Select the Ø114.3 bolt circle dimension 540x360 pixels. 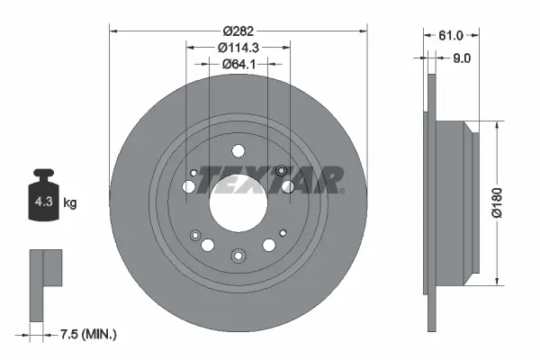pos(238,47)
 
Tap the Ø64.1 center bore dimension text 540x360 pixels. pos(238,63)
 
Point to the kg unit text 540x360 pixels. pos(70,202)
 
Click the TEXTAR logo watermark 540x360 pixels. pos(270,180)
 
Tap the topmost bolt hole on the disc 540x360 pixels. pos(238,152)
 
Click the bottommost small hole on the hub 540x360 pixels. pos(238,255)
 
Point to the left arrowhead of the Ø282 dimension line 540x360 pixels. pos(113,31)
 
